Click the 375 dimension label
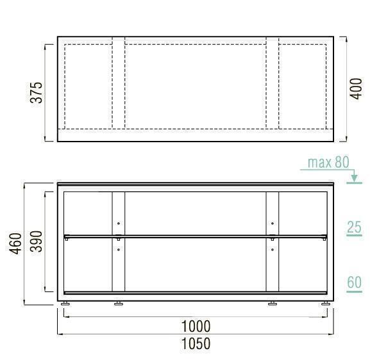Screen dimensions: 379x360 37,93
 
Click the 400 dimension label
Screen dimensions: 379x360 357,88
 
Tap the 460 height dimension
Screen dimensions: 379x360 15,243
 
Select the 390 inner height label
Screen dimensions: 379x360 37,241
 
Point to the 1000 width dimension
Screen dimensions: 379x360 196,327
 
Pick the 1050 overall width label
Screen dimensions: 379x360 196,344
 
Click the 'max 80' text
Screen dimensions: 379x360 328,162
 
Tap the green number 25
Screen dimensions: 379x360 354,227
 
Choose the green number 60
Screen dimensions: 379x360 355,282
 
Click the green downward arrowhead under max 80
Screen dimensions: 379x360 354,178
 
